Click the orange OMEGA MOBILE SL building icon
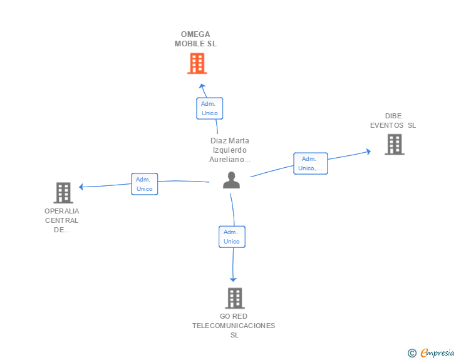click(x=197, y=63)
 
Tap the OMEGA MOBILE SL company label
click(x=195, y=39)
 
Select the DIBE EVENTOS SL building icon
click(x=395, y=144)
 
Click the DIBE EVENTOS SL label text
click(x=393, y=121)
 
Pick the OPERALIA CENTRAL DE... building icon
click(x=63, y=193)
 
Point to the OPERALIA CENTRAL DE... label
click(x=61, y=220)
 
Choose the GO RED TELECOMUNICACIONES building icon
click(x=235, y=298)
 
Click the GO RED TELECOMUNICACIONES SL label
click(x=234, y=326)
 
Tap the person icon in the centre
click(x=232, y=180)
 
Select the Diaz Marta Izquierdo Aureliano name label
click(x=230, y=150)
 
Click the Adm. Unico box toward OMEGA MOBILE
click(x=210, y=108)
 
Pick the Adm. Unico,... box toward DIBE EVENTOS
click(x=311, y=163)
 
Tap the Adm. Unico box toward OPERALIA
click(x=145, y=184)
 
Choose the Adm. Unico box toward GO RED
click(x=232, y=237)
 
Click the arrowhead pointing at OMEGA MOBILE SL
click(x=202, y=86)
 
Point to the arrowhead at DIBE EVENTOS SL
click(x=368, y=152)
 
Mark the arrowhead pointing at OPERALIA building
click(x=81, y=187)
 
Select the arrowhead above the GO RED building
click(x=233, y=279)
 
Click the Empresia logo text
click(x=437, y=352)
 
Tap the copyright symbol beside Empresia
click(x=412, y=353)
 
